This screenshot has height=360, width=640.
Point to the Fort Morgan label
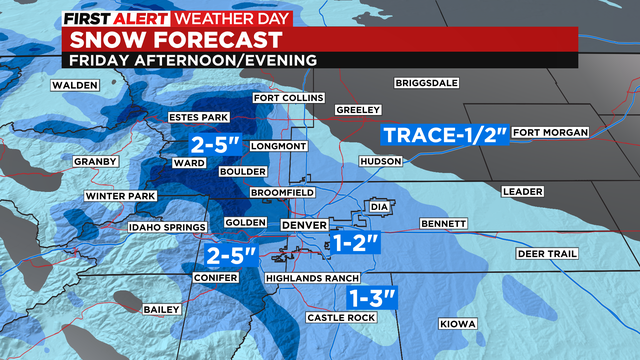(550, 132)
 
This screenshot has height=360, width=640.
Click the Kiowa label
(456, 323)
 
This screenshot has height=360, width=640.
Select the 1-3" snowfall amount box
(373, 297)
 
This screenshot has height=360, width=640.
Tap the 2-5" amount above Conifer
(231, 255)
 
